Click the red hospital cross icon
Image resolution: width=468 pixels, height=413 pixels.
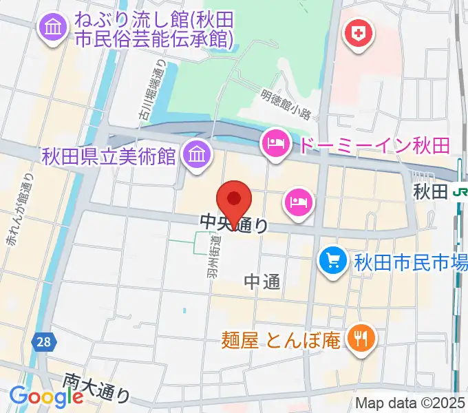tap(359, 32)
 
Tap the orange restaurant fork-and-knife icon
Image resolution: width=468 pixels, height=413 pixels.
tap(360, 337)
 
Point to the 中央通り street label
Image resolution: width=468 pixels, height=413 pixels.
tap(234, 223)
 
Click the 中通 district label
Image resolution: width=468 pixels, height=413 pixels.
tap(262, 280)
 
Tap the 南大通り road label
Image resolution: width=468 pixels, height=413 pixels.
tap(96, 387)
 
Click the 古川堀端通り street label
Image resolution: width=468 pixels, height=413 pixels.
tap(159, 89)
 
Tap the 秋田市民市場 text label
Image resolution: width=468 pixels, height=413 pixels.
tap(411, 262)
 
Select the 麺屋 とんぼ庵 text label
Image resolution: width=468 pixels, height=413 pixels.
tap(281, 339)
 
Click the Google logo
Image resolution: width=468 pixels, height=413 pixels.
tap(46, 396)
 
